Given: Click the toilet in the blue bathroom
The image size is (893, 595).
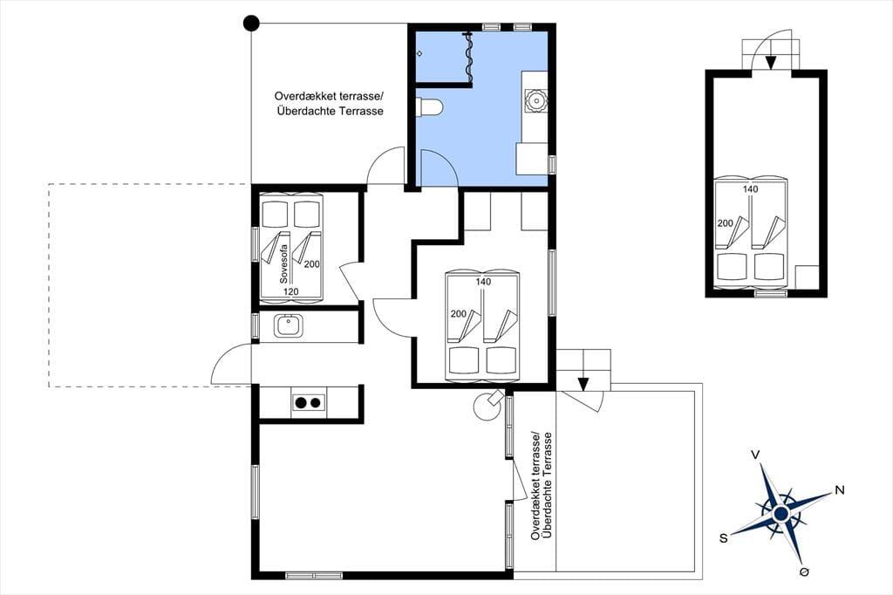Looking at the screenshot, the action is click(429, 106).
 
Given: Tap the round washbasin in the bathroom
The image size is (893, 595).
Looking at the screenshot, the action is click(536, 101).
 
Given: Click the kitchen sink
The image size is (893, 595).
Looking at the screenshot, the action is click(289, 326).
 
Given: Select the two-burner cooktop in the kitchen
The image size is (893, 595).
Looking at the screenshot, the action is click(308, 403).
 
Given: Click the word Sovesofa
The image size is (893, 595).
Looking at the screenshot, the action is click(283, 263).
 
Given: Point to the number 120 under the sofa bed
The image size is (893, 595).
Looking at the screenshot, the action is click(291, 291).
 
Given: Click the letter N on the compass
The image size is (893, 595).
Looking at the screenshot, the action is click(839, 490).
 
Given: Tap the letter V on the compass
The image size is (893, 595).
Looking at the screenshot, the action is click(755, 455).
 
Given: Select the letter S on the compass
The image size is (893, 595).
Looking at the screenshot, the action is click(723, 538).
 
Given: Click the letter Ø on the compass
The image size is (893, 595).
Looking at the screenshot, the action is click(805, 572).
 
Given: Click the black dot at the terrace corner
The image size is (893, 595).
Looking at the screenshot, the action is click(251, 24).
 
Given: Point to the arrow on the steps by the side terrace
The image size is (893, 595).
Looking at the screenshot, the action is click(583, 384).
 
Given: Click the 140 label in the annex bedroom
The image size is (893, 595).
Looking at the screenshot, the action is click(751, 189).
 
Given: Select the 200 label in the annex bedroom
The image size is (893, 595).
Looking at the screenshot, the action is click(725, 223).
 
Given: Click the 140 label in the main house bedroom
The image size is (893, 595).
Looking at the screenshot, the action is click(483, 282).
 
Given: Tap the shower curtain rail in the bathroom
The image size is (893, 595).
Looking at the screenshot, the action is click(469, 57).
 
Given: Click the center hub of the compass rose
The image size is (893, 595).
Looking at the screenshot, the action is click(781, 514).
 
